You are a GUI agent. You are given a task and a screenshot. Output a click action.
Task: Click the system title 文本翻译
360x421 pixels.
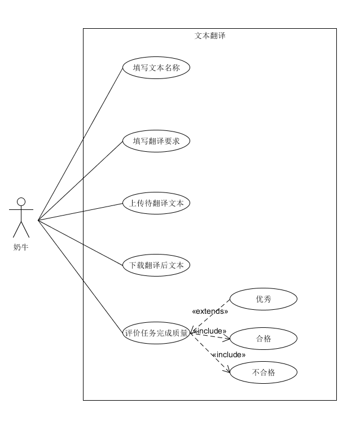coord(210,36)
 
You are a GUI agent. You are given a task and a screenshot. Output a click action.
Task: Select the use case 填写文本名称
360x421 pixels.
coord(156,68)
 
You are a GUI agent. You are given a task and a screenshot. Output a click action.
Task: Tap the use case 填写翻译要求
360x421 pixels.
coord(156,141)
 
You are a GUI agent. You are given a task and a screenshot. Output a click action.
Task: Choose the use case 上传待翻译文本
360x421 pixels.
coord(156,203)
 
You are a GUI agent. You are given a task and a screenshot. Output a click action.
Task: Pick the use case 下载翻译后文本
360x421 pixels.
coord(156,265)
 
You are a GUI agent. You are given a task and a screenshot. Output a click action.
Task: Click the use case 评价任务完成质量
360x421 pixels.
coord(156,332)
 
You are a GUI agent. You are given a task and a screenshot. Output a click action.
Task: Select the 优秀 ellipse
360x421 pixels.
coord(264,299)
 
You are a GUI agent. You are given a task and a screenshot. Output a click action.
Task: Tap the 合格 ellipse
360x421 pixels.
coord(264,339)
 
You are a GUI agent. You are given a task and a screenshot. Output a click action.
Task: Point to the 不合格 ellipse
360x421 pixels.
coord(264,372)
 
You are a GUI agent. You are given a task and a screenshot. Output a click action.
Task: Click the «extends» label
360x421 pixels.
coord(210,311)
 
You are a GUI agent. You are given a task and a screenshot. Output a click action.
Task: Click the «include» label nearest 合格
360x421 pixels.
coord(209,331)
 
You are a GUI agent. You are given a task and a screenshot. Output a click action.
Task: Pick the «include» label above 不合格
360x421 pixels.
coord(229,355)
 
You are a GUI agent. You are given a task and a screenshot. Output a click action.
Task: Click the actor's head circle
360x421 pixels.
coord(21,201)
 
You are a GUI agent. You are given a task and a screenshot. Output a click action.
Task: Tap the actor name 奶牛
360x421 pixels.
coord(21,247)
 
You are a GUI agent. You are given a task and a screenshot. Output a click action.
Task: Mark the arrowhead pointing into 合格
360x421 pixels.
coord(227,340)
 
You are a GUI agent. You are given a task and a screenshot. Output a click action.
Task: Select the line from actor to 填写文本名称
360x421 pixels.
coord(80,144)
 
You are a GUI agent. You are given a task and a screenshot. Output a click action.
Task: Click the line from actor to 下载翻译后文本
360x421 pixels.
coord(80,242)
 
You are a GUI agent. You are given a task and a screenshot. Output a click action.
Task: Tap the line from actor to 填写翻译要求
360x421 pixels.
coord(80,181)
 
